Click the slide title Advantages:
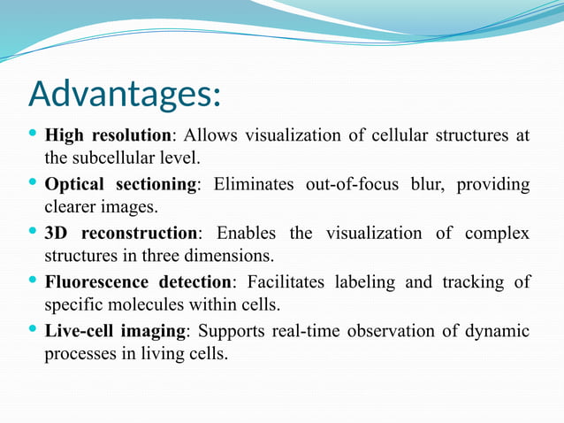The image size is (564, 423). point(125,94)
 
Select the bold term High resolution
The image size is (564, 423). point(107,135)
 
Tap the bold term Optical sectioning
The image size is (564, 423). point(120,184)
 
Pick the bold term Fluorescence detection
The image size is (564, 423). point(138,282)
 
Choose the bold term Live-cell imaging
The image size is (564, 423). point(115,331)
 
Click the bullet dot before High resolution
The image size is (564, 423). point(33,135)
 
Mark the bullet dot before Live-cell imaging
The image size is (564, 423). point(33,330)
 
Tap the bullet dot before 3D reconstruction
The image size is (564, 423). point(33,233)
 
